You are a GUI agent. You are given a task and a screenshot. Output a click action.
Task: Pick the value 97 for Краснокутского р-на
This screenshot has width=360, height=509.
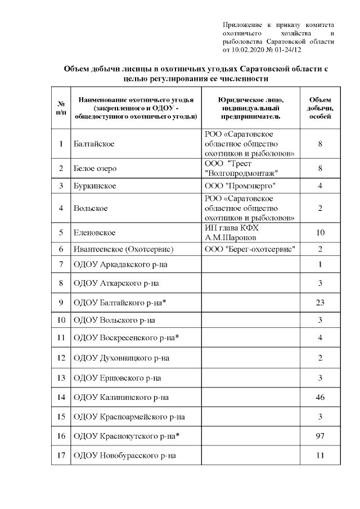(319, 436)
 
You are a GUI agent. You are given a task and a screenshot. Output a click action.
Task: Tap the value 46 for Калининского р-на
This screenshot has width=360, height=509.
(319, 398)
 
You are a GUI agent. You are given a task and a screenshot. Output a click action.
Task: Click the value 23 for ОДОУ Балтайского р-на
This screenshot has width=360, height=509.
(319, 303)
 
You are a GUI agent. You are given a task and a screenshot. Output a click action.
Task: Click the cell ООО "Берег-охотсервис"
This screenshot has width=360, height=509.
(250, 249)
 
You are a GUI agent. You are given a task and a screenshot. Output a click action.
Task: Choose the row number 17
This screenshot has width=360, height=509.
(60, 455)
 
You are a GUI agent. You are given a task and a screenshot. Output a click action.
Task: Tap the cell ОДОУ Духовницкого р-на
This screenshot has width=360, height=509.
(121, 358)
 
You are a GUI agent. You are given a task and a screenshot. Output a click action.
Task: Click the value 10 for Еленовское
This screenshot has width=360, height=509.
(319, 232)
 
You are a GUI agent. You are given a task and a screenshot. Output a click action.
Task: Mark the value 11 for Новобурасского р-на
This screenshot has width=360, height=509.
(319, 455)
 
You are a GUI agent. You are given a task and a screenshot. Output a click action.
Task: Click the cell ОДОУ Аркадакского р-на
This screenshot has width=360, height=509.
(121, 264)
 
